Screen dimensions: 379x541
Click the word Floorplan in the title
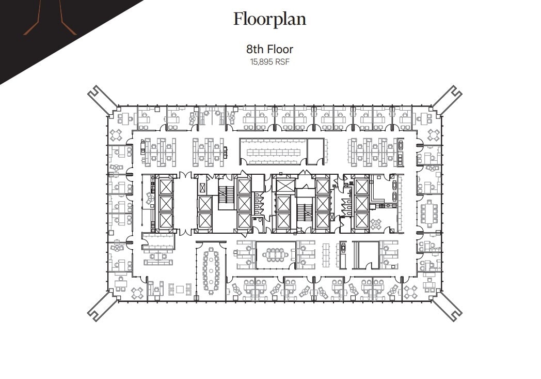click(269, 19)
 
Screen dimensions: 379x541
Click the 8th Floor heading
click(269, 50)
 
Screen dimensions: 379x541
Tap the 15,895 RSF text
click(269, 62)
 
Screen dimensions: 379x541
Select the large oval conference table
click(211, 269)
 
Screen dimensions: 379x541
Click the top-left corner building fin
click(102, 99)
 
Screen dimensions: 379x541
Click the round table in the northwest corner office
click(117, 135)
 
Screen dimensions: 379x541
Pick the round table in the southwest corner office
click(137, 293)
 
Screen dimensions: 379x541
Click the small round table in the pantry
click(376, 224)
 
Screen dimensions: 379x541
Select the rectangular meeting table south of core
click(275, 254)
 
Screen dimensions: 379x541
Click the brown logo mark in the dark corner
click(50, 21)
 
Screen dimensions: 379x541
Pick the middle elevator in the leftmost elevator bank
click(166, 203)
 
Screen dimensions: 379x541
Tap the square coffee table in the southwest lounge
click(180, 289)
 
